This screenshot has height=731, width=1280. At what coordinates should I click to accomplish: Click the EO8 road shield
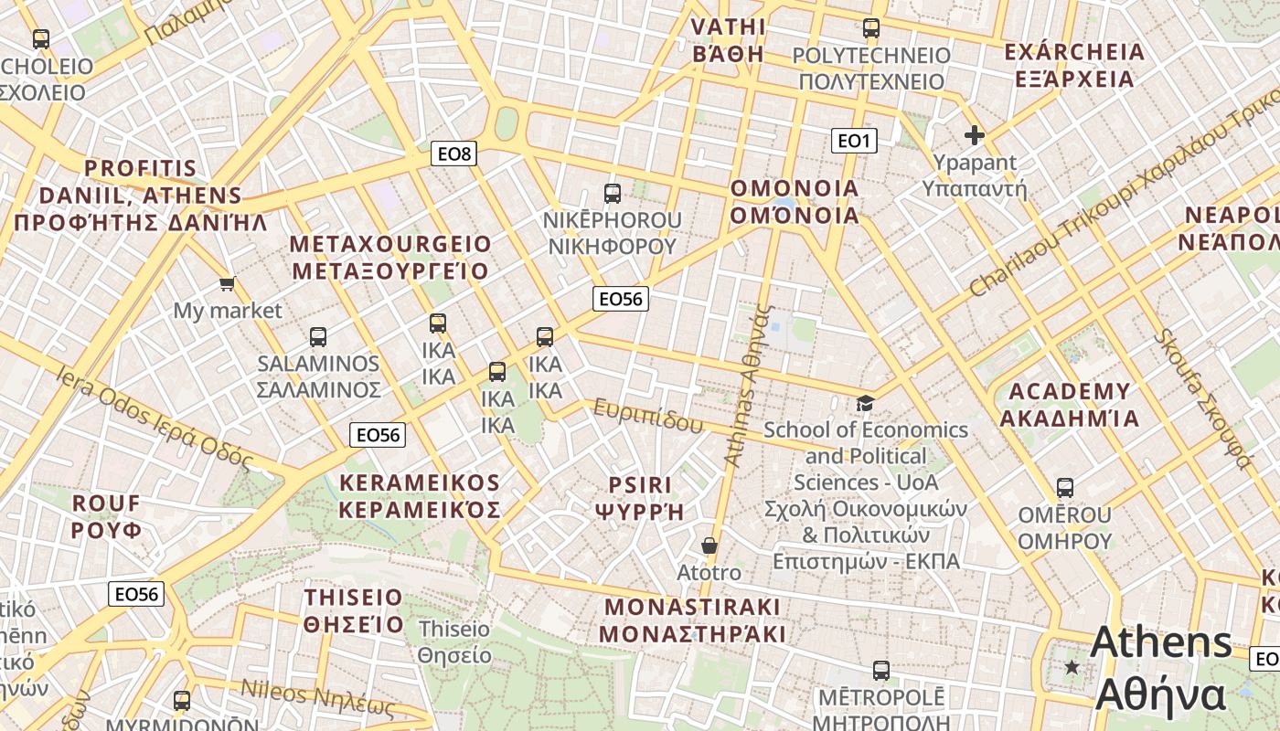454,154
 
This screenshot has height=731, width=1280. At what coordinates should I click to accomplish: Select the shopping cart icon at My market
227,283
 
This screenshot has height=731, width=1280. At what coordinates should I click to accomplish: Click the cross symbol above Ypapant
975,135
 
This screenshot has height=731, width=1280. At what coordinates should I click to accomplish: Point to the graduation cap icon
864,403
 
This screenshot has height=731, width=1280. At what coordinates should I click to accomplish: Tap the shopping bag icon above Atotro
709,546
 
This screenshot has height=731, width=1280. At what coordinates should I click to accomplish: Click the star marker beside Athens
1072,667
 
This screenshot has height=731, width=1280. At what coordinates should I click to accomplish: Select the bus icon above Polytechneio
871,28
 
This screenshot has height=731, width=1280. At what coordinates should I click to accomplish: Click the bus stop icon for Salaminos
318,336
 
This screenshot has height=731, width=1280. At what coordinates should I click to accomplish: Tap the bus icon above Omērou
1064,488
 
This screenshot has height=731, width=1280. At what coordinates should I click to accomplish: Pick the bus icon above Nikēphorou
613,194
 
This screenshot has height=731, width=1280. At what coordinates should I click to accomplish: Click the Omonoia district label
795,202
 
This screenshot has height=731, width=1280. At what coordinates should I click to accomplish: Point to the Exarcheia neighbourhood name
1074,65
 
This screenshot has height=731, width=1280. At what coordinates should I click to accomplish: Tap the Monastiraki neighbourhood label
693,620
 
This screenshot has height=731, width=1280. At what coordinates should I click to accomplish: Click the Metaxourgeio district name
390,258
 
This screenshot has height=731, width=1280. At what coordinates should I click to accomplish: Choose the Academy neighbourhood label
1070,405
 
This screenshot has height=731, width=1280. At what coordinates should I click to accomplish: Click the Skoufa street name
1202,397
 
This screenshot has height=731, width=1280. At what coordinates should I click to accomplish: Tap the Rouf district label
107,516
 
